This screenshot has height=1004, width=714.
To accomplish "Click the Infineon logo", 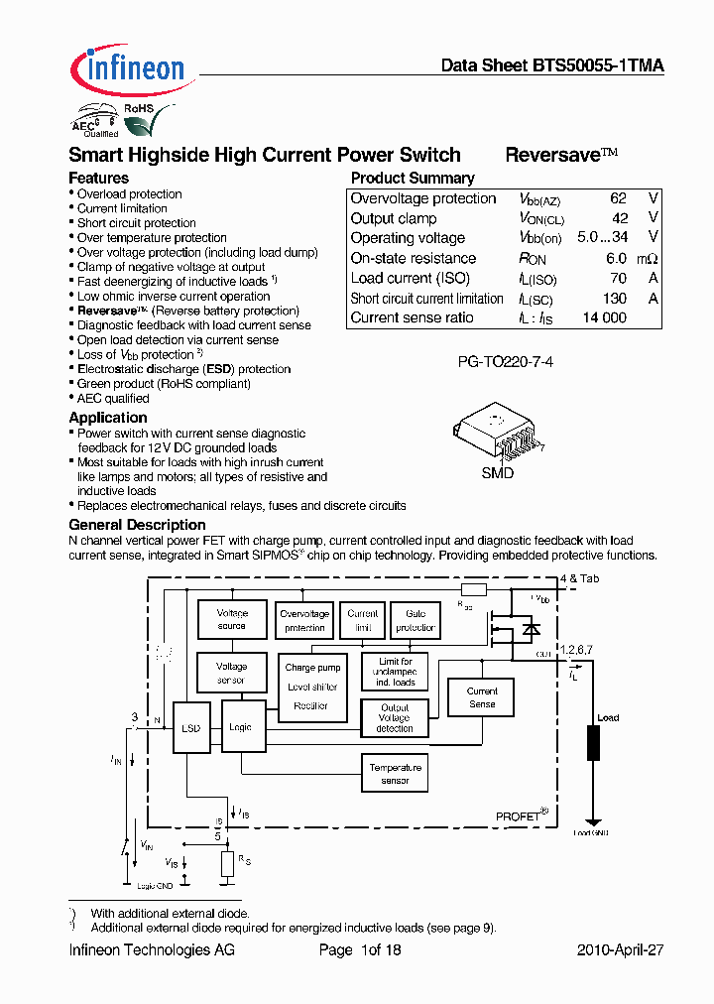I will (127, 67).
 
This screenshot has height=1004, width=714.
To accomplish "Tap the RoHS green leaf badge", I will (137, 121).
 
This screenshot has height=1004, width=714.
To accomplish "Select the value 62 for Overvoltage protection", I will (619, 198).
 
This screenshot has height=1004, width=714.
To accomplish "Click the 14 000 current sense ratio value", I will (605, 317).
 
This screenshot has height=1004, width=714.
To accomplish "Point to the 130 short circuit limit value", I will (615, 298).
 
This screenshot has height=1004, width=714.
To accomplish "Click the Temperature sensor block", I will (395, 774).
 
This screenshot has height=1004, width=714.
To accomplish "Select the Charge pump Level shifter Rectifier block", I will (312, 687).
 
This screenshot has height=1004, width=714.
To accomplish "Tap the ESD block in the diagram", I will (191, 728).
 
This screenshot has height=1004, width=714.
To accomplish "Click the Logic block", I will (240, 728).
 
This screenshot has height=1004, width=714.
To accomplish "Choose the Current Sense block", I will (482, 697).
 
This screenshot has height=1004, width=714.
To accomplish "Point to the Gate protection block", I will (415, 620).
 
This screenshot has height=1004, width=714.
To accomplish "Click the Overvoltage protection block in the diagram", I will (303, 620).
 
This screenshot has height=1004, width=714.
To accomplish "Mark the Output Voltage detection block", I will (394, 718).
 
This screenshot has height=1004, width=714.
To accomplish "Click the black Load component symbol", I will (594, 742).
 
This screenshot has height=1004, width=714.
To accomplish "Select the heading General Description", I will (137, 525).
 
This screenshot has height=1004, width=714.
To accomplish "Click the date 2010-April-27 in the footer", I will (620, 949).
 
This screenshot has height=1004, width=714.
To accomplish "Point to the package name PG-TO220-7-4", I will (505, 362).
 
